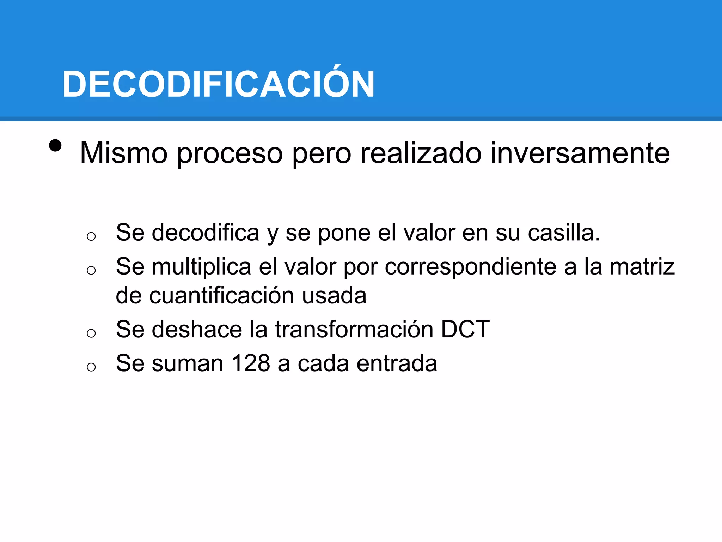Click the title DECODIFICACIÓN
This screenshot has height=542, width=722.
click(x=218, y=84)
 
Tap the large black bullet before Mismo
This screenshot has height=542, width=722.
click(x=55, y=145)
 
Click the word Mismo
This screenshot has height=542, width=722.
click(x=124, y=153)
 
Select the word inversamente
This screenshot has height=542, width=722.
click(x=580, y=153)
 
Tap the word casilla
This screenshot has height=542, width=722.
click(x=564, y=233)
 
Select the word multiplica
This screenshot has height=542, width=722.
click(x=201, y=266)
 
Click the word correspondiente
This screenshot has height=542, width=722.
click(x=471, y=267)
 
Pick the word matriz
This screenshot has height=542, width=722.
click(x=642, y=266)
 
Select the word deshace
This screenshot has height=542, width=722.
click(x=197, y=329)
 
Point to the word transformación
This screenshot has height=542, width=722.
click(x=354, y=329)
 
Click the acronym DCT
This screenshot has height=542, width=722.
click(x=465, y=329)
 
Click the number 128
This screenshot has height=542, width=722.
click(x=251, y=363)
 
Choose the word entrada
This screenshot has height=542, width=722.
click(x=397, y=363)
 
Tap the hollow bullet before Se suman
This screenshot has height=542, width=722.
click(x=91, y=367)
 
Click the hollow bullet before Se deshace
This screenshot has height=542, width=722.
click(x=91, y=333)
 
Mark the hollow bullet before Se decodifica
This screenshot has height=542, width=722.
click(x=91, y=236)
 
